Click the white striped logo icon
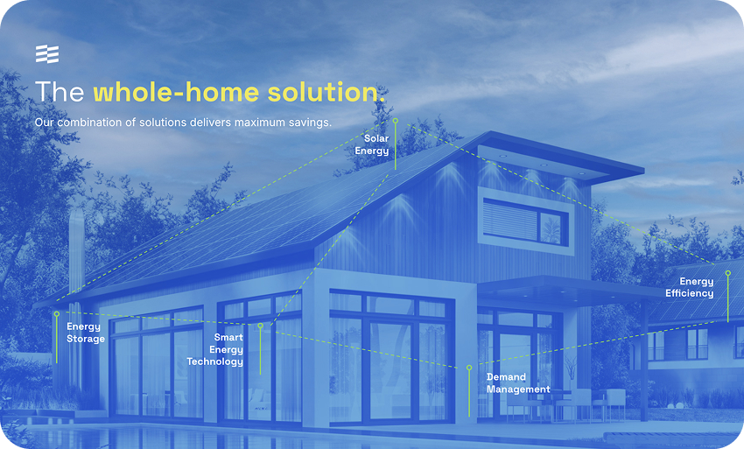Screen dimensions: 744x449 coord(47,54)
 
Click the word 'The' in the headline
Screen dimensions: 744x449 coord(60,92)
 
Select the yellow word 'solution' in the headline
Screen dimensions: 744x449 coord(323,92)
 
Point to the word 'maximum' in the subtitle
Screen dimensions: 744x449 coord(260,123)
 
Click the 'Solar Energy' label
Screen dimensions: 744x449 coord(372,144)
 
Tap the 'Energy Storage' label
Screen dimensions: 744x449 coord(86,333)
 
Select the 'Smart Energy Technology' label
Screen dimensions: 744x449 coord(215,349)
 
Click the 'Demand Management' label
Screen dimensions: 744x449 coord(518,383)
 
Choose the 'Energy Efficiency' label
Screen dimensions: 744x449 coord(690,288)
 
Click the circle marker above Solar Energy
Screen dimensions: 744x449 coord(396,121)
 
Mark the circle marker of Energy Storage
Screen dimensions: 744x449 coord(57,313)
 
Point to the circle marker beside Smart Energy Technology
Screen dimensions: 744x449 coord(260,326)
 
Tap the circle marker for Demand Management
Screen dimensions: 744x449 coord(469,368)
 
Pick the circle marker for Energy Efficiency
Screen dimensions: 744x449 coord(728,273)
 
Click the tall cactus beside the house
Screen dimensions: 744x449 coord(76,294)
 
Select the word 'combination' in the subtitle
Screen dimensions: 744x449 coord(89,123)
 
